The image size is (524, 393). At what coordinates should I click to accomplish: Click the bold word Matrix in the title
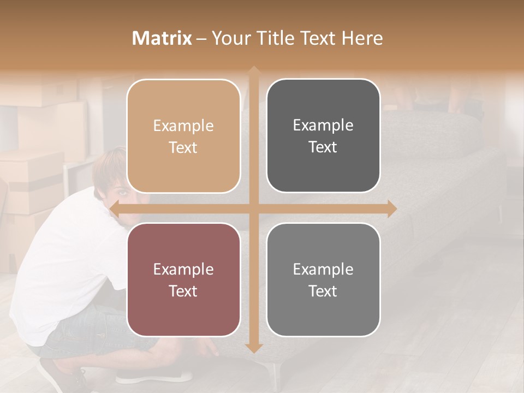[x=162, y=38]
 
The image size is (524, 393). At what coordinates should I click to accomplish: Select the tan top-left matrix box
[x=183, y=136]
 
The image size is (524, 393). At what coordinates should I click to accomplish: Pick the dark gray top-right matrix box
[x=323, y=136]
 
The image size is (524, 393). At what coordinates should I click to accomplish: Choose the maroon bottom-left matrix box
[x=183, y=279]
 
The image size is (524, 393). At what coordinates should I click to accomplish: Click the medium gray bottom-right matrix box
[x=323, y=279]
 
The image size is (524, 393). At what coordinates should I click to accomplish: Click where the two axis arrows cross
[x=253, y=209]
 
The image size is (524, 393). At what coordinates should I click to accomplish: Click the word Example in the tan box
[x=183, y=126]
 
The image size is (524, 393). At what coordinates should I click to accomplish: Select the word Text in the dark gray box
[x=323, y=147]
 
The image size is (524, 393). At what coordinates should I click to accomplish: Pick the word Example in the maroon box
[x=183, y=269]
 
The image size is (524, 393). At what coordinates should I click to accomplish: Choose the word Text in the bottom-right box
[x=323, y=291]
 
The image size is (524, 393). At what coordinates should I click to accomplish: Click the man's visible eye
[x=121, y=193]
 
